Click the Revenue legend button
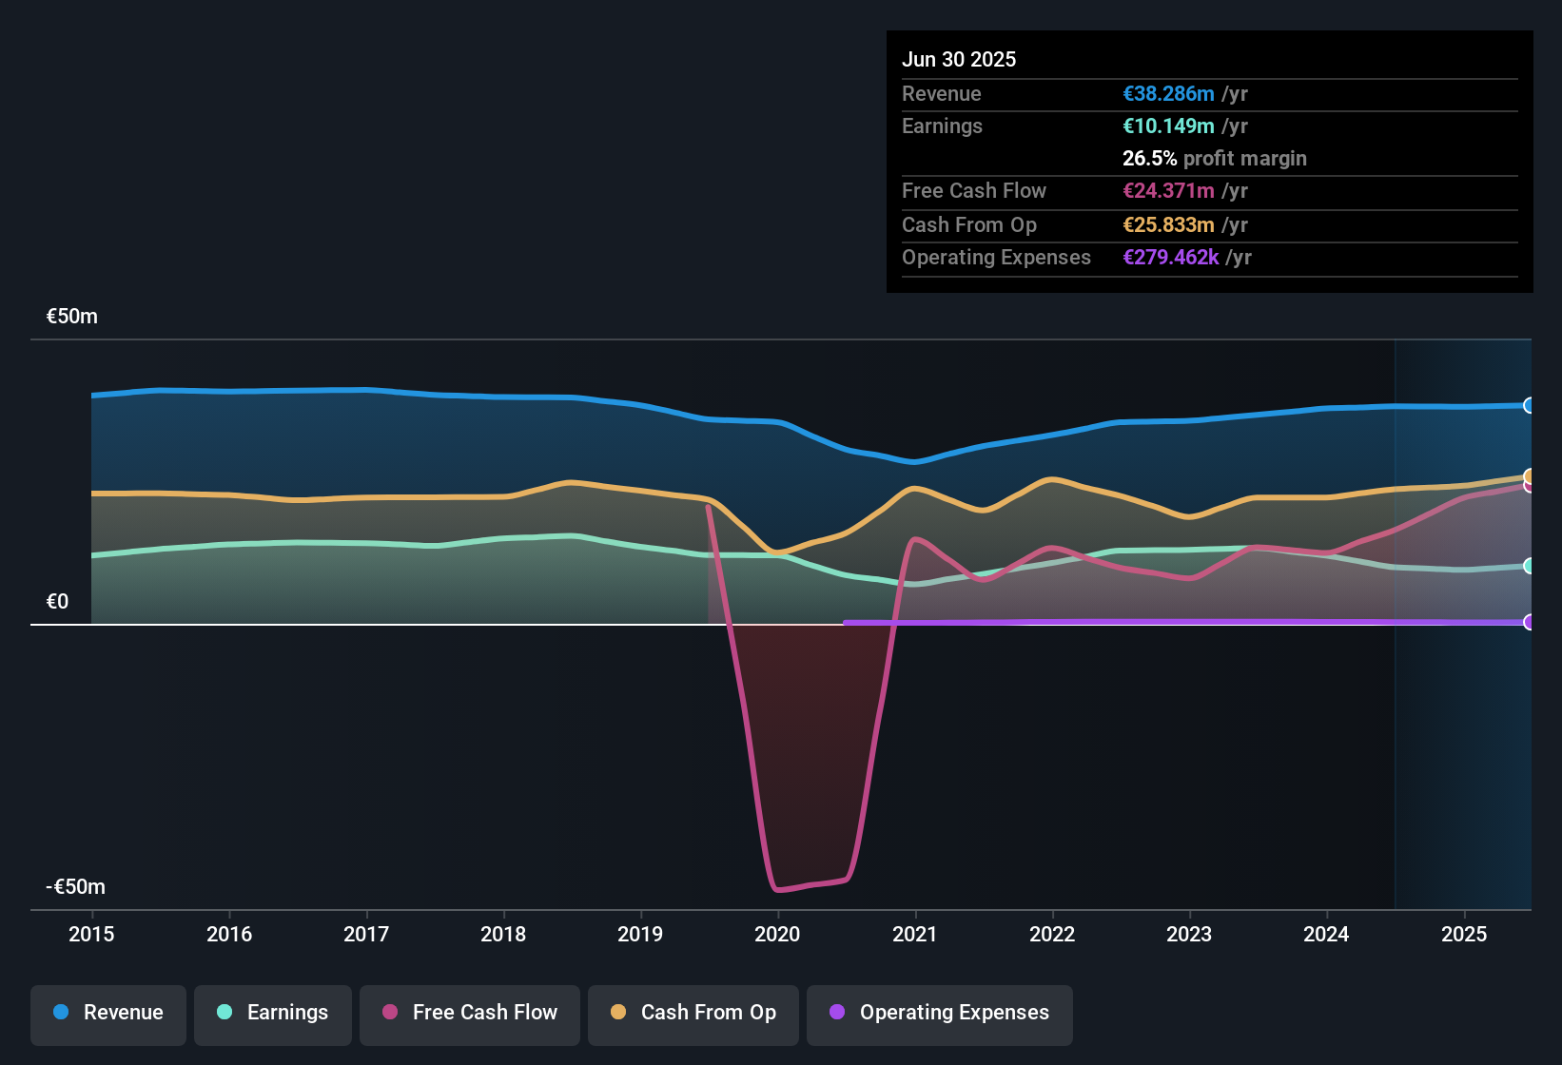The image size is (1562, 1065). (108, 1013)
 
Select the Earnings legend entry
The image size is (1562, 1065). (273, 1013)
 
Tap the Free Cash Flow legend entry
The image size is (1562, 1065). (470, 1013)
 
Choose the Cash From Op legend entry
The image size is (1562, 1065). (693, 1013)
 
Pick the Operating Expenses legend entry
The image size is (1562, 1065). (939, 1013)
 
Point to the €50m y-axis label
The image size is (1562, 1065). (72, 317)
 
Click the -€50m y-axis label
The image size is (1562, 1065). (76, 887)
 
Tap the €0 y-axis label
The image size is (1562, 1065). (58, 602)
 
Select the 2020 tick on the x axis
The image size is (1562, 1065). (777, 934)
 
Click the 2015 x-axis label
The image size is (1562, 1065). (91, 934)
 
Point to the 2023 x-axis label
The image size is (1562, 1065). (1189, 934)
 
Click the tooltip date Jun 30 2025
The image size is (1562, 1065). (959, 60)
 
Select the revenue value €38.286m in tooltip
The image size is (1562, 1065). (1168, 94)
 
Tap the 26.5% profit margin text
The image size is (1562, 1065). (1214, 159)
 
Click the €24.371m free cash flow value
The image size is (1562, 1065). (1168, 191)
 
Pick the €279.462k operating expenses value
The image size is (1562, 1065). (1170, 258)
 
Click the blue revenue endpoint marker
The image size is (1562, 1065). (1529, 405)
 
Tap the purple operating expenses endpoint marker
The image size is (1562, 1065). (1529, 622)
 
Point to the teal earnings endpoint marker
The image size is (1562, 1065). (1529, 566)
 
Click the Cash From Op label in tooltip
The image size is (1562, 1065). (968, 225)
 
